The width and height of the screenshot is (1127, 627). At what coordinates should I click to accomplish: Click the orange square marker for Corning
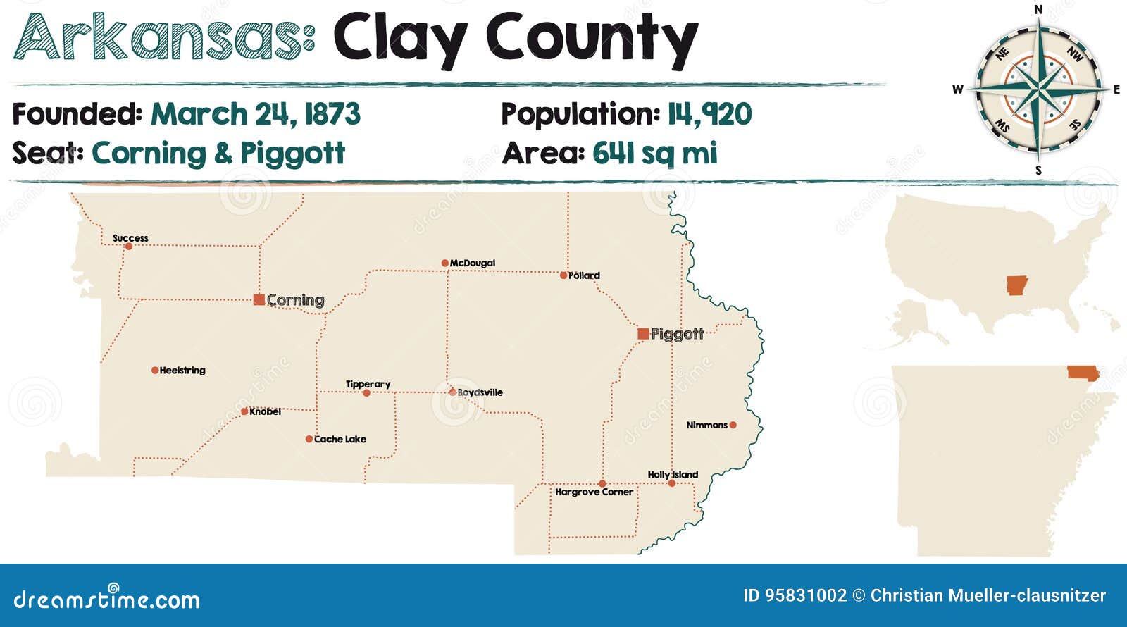click(259, 299)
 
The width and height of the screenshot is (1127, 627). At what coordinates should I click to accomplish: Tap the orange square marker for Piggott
click(643, 333)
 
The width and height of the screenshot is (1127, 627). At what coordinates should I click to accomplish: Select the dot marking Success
click(128, 247)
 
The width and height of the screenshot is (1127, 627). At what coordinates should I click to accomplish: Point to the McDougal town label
click(473, 263)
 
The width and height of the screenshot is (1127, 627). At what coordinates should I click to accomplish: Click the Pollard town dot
click(563, 275)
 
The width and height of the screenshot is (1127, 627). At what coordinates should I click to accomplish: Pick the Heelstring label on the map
click(182, 370)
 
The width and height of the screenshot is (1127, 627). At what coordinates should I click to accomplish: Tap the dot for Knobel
click(244, 411)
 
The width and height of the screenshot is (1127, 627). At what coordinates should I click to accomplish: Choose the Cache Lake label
click(340, 439)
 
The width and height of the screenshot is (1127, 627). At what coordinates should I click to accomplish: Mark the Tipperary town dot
click(366, 393)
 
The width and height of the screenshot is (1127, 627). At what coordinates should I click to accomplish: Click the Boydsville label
click(480, 392)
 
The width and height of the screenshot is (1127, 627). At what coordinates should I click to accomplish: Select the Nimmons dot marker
click(733, 425)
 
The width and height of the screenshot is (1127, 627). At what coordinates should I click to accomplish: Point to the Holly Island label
click(673, 474)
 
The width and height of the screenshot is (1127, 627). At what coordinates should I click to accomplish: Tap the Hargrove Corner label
click(594, 492)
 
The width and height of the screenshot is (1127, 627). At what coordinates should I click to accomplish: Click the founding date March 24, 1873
click(256, 114)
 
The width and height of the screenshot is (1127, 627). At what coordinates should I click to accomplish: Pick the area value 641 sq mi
click(655, 153)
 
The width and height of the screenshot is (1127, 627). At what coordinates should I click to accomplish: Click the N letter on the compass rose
click(1038, 9)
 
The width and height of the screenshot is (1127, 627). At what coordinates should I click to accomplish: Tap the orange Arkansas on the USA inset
click(1016, 285)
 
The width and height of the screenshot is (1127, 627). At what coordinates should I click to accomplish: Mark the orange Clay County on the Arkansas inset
click(1082, 373)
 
